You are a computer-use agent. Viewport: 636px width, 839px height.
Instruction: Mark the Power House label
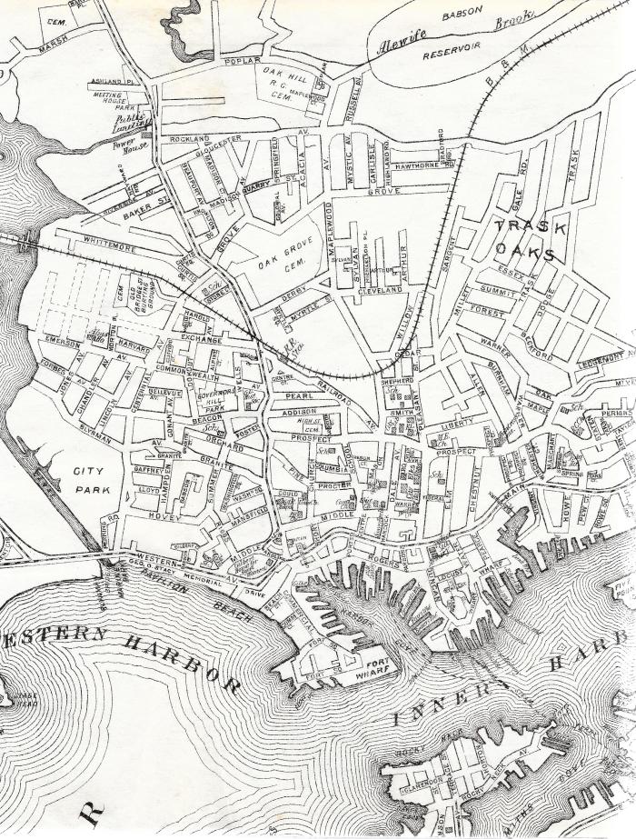[131, 145]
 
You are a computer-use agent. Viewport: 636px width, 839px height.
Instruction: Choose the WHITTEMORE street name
[114, 242]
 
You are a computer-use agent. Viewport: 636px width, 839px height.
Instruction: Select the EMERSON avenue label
[61, 344]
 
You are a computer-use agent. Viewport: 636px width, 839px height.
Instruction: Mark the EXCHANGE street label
[202, 336]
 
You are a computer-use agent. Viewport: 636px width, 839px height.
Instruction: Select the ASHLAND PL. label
[110, 83]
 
